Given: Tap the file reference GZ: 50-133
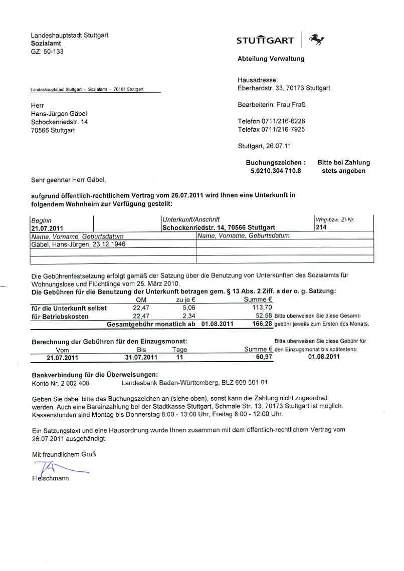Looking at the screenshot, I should coord(47,51).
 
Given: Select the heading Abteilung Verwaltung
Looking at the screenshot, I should coord(271,59).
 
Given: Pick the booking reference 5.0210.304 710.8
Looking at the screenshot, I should coord(275,171).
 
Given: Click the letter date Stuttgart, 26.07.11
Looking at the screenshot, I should coord(265,146).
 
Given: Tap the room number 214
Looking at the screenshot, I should coord(321,227).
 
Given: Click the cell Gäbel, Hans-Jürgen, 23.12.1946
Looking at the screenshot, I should coord(78,244).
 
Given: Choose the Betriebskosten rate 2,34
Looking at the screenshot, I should coord(188,316).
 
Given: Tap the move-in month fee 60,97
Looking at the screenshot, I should coord(264,357).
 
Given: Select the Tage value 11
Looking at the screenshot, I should coord(179,357).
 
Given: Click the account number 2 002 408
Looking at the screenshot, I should coord(72,383).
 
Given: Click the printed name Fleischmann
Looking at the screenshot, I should coord(50,478).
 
